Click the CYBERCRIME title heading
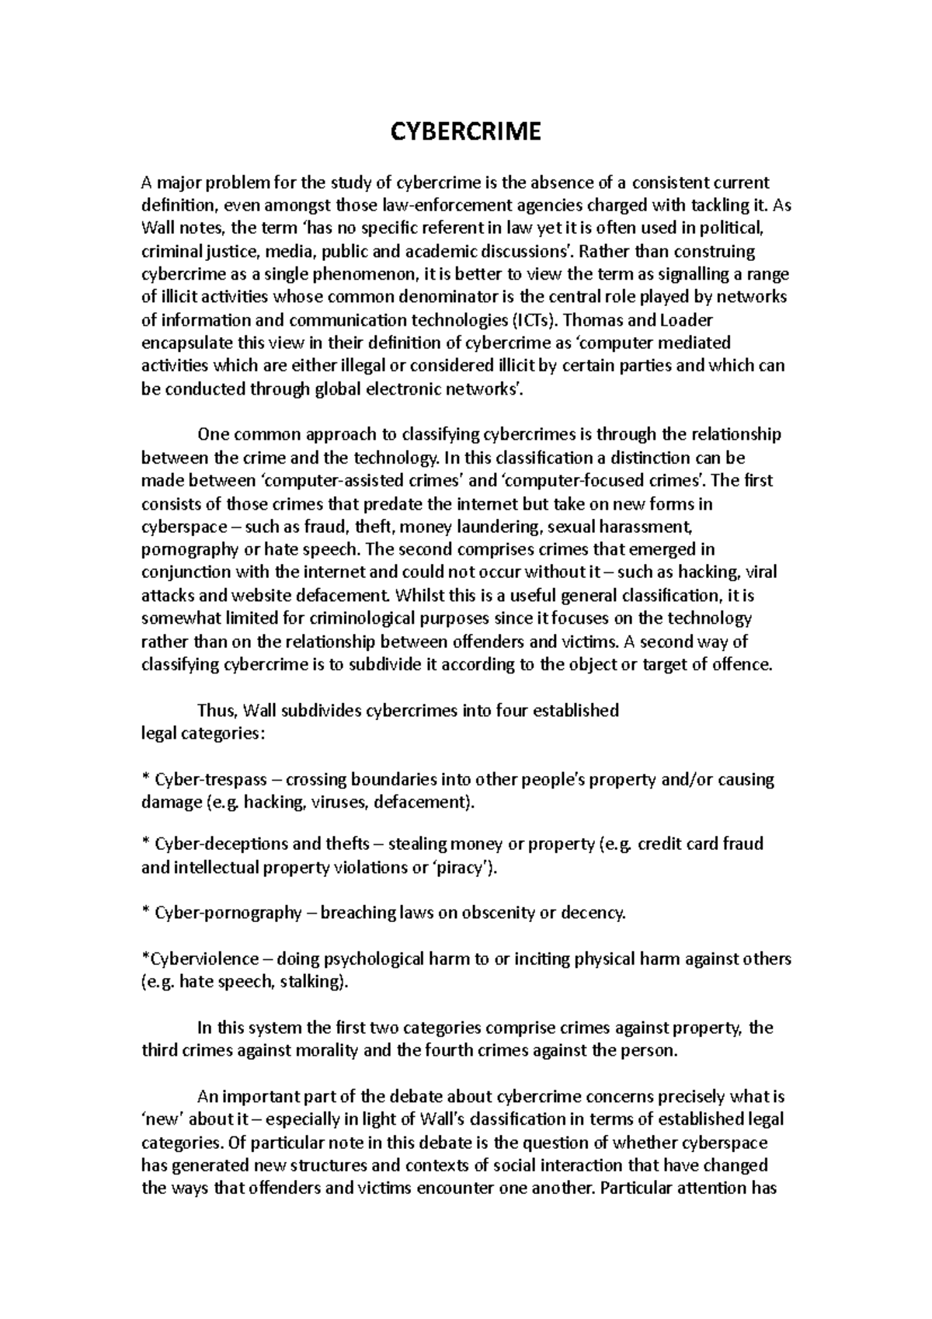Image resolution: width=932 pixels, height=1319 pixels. click(464, 132)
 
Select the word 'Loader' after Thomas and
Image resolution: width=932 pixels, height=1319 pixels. click(685, 320)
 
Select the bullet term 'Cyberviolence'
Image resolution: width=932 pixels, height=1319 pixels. click(200, 959)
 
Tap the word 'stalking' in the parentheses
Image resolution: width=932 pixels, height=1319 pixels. click(311, 983)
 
